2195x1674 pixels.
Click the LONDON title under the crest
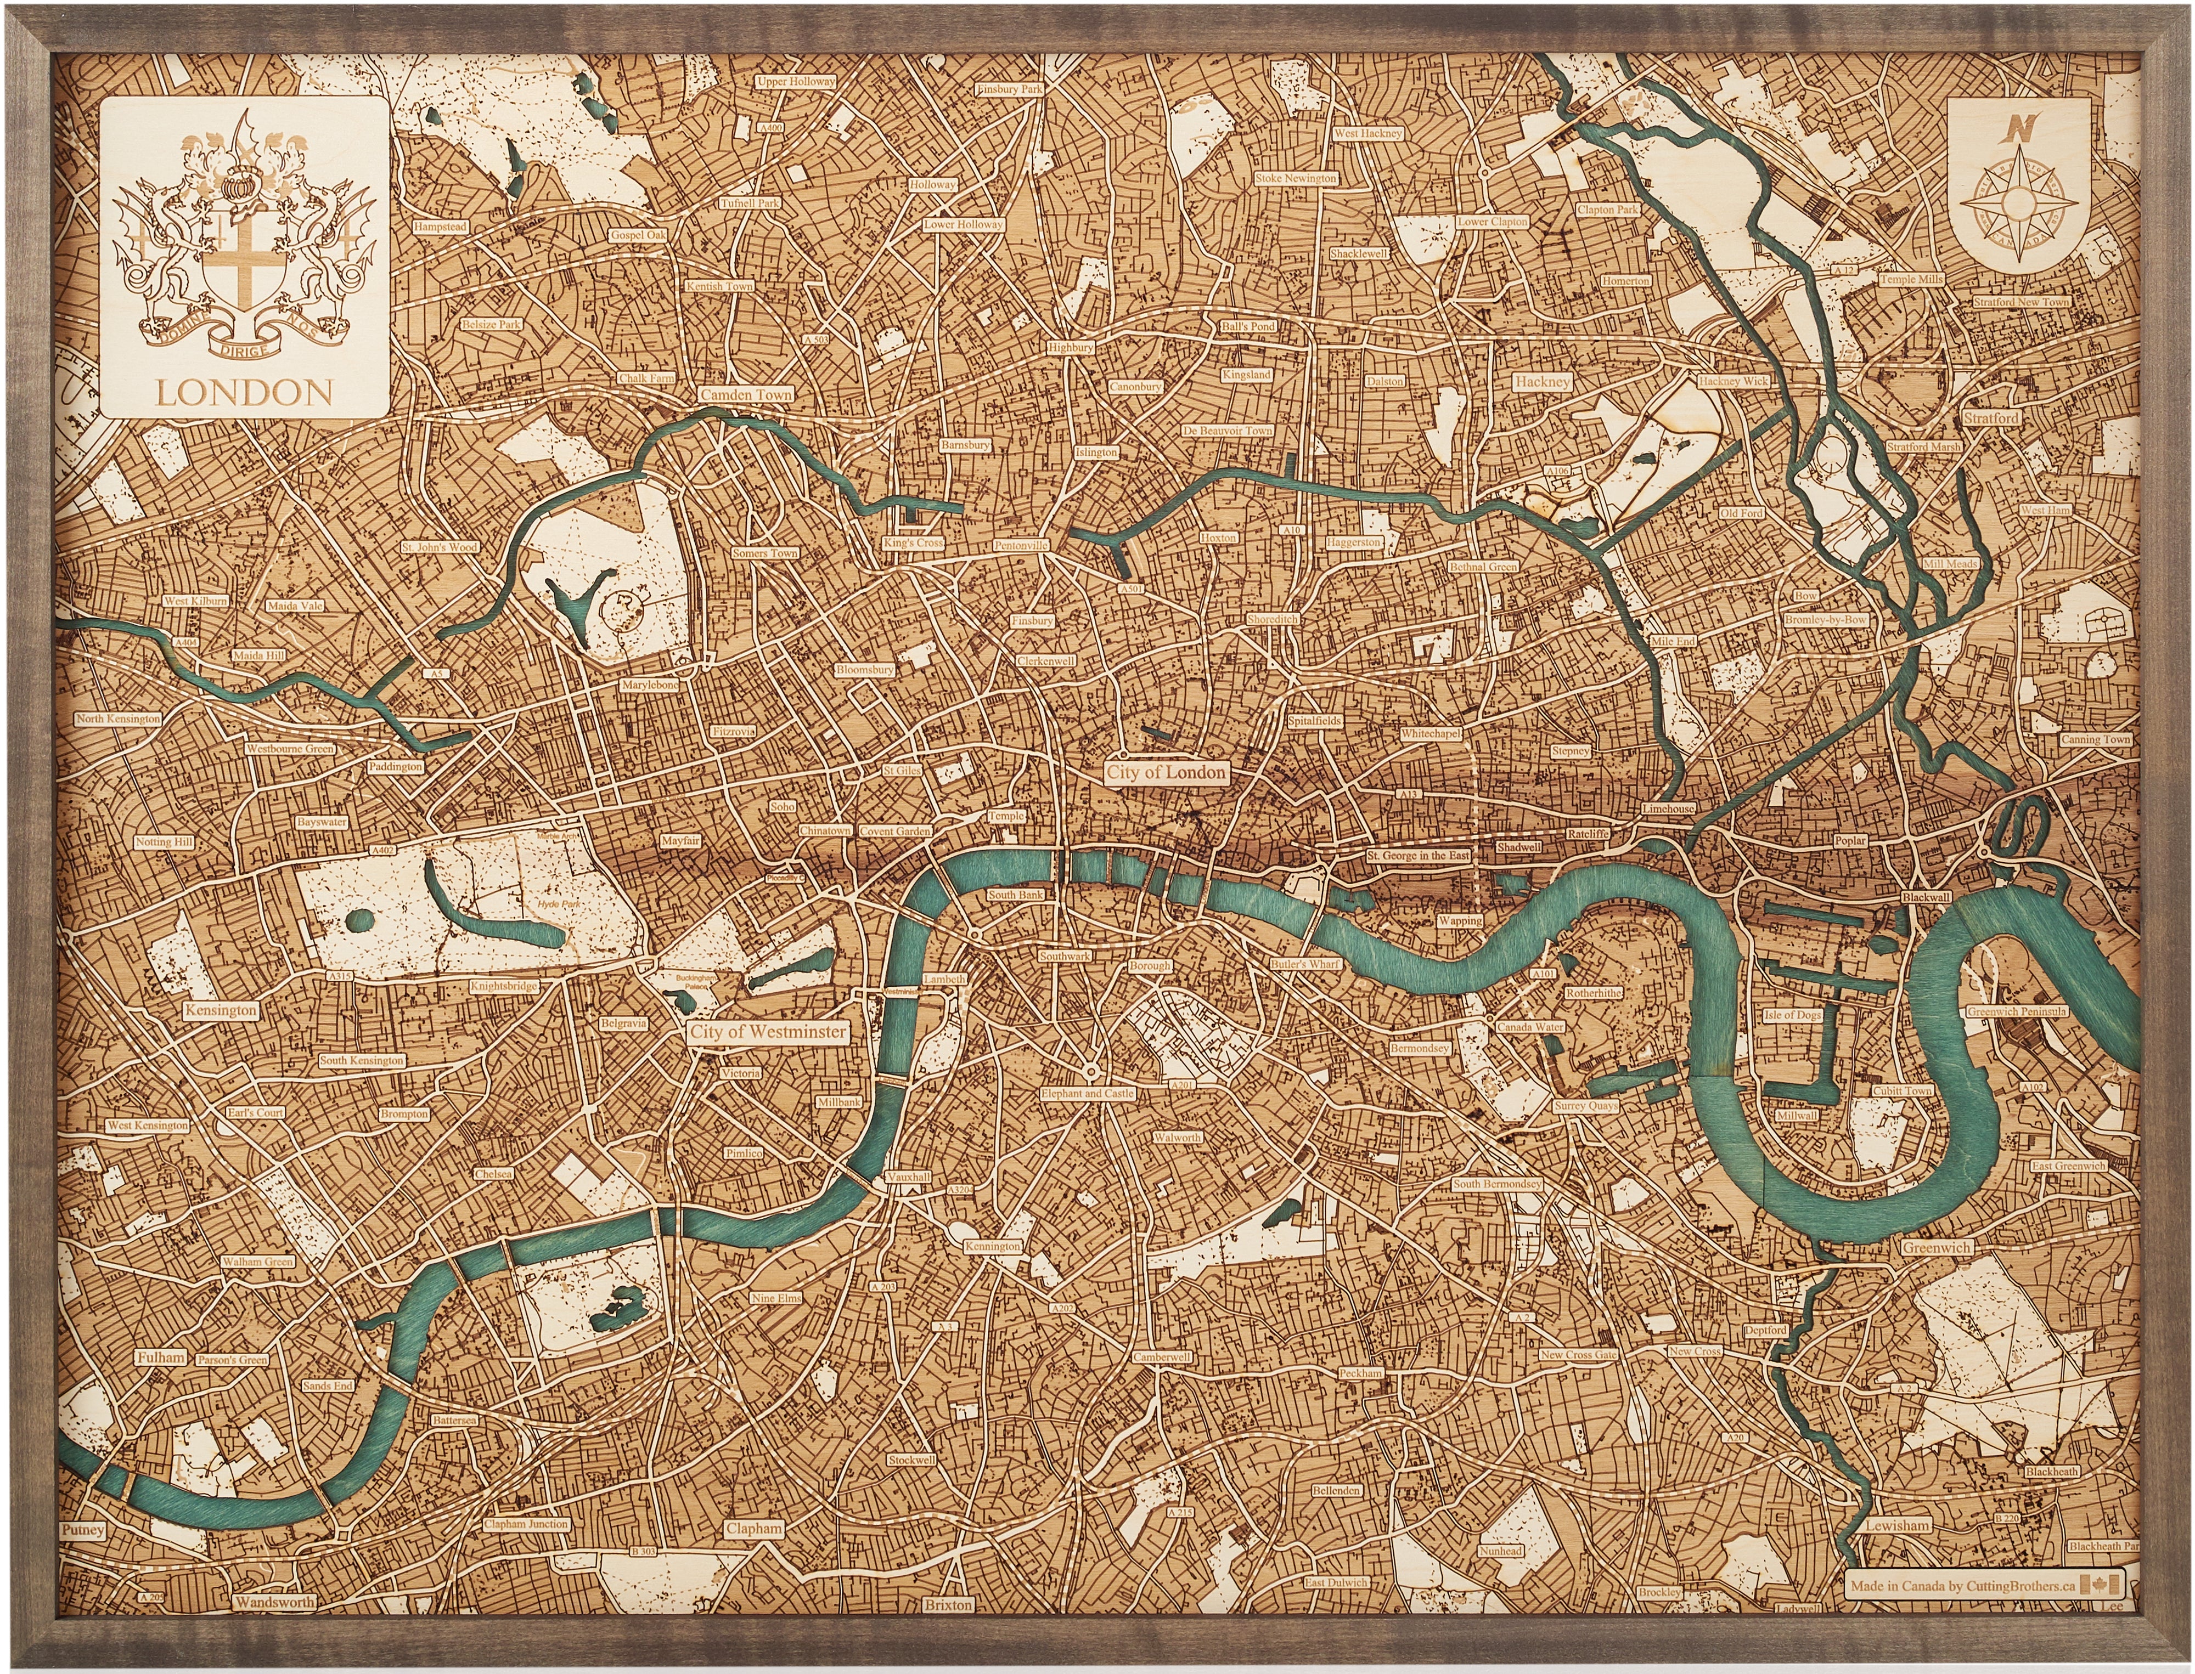pyautogui.click(x=244, y=393)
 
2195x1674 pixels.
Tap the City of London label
pyautogui.click(x=1166, y=772)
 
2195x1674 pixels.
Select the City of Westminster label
pyautogui.click(x=768, y=1032)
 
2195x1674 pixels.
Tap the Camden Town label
pyautogui.click(x=746, y=394)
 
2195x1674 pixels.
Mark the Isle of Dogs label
pyautogui.click(x=1792, y=1014)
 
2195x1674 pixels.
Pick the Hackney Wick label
pyautogui.click(x=1734, y=382)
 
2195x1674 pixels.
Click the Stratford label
pyautogui.click(x=1991, y=418)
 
